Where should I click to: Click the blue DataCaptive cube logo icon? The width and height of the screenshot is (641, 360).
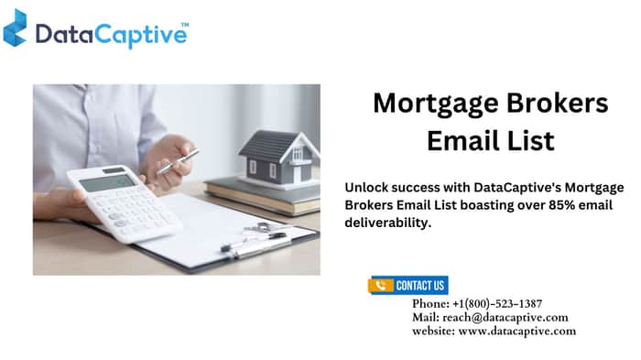coord(16,27)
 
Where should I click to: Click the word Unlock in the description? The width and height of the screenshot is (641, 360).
coord(366,188)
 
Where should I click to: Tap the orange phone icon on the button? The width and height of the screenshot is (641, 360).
coord(381,286)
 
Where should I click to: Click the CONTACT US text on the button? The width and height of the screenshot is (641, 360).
coord(420,286)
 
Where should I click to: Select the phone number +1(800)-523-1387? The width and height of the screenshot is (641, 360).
coord(497,303)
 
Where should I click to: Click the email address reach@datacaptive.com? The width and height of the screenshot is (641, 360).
coord(505,318)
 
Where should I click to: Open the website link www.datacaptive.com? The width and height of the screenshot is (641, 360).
coord(517,331)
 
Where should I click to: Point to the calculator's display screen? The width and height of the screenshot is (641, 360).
coord(107,183)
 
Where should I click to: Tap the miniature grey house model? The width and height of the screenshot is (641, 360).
coord(279,158)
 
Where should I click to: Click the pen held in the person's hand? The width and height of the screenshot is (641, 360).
coord(178,161)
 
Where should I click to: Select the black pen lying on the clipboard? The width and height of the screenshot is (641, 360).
coord(254,242)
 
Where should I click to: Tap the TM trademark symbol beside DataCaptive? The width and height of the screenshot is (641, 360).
coord(185,25)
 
